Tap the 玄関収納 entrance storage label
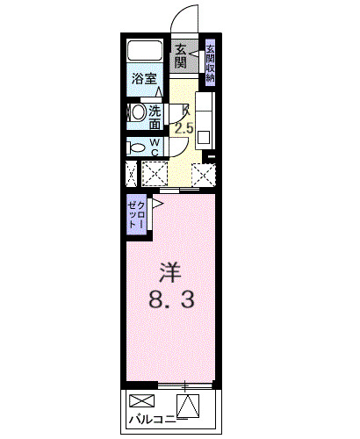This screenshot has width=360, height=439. (x=211, y=61)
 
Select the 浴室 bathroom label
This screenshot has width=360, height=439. (x=144, y=78)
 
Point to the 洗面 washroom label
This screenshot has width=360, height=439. (x=155, y=117)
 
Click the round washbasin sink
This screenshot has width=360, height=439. (x=137, y=113)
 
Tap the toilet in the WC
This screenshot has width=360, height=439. (x=135, y=147)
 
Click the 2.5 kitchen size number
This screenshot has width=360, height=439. (x=184, y=128)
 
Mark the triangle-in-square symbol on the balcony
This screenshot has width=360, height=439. (x=188, y=406)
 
